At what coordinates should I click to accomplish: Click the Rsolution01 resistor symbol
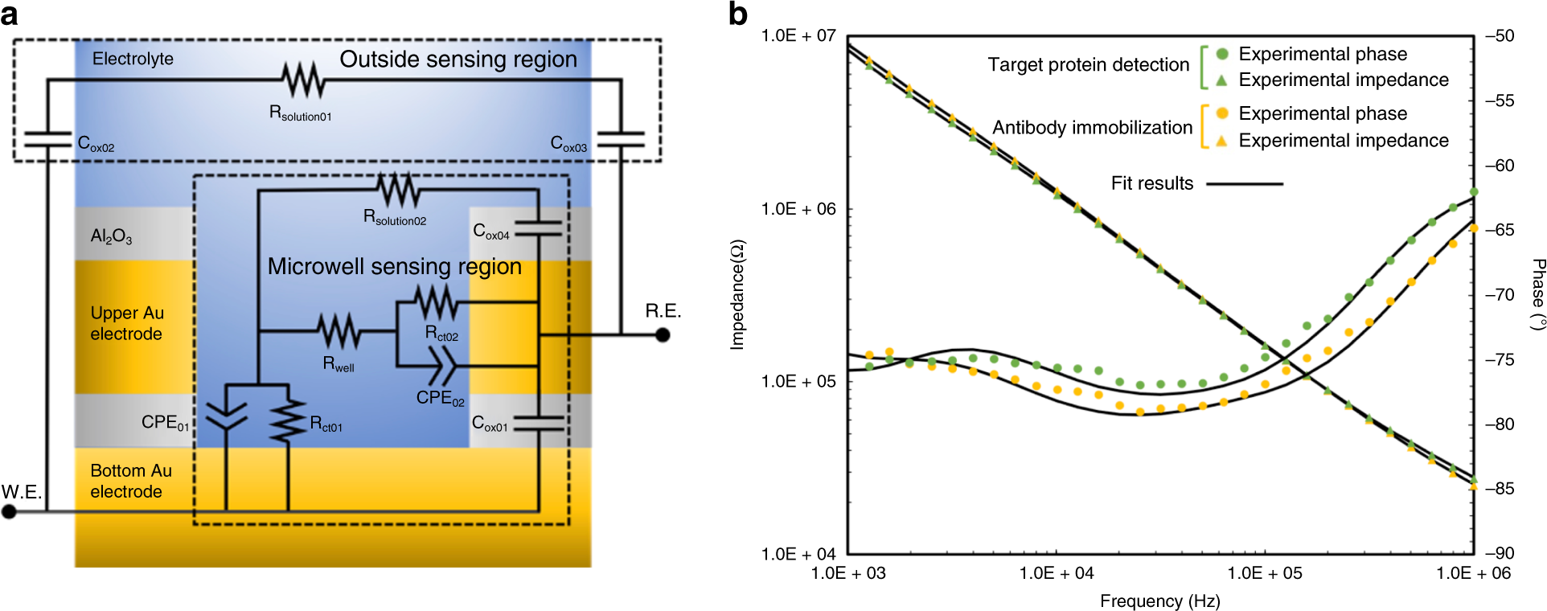point(303,80)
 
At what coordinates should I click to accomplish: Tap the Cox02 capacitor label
point(96,145)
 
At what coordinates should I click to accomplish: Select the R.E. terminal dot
point(663,334)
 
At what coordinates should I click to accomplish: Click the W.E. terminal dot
point(9,511)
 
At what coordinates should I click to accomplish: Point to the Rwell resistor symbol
point(339,331)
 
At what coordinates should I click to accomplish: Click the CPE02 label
point(440,398)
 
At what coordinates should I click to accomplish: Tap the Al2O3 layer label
point(111,236)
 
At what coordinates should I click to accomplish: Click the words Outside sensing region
point(458,59)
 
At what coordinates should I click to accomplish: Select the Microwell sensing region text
point(394,267)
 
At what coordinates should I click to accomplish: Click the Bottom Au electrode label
point(130,481)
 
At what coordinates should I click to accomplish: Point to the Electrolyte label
point(133,59)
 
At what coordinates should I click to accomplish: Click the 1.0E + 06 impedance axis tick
point(798,209)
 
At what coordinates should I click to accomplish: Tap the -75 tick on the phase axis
point(1500,359)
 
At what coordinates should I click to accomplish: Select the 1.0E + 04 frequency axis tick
point(1056,573)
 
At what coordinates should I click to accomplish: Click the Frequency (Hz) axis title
point(1159,601)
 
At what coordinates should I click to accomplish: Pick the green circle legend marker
point(1222,54)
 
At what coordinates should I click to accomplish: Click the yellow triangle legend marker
point(1221,141)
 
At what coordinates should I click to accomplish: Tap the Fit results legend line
point(1245,184)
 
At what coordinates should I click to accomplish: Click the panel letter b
point(737,14)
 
